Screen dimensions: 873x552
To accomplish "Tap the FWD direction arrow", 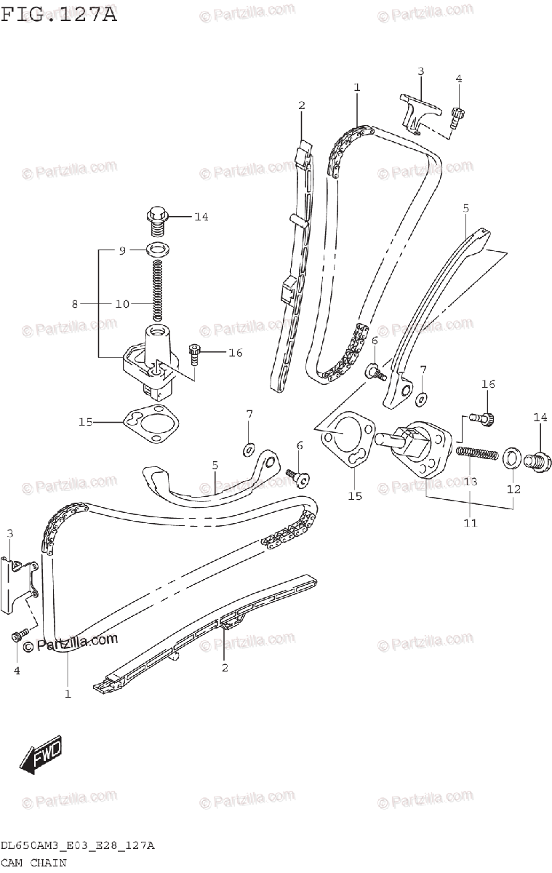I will (x=41, y=756).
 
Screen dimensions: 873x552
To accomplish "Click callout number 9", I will (x=123, y=250).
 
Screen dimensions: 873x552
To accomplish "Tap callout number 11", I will (x=470, y=522).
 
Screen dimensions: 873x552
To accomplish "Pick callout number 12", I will (x=513, y=490).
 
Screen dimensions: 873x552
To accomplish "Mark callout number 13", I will (x=470, y=481).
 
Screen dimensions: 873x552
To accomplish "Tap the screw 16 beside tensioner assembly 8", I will (x=195, y=354).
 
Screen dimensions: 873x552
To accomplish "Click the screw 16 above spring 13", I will (x=486, y=417).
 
